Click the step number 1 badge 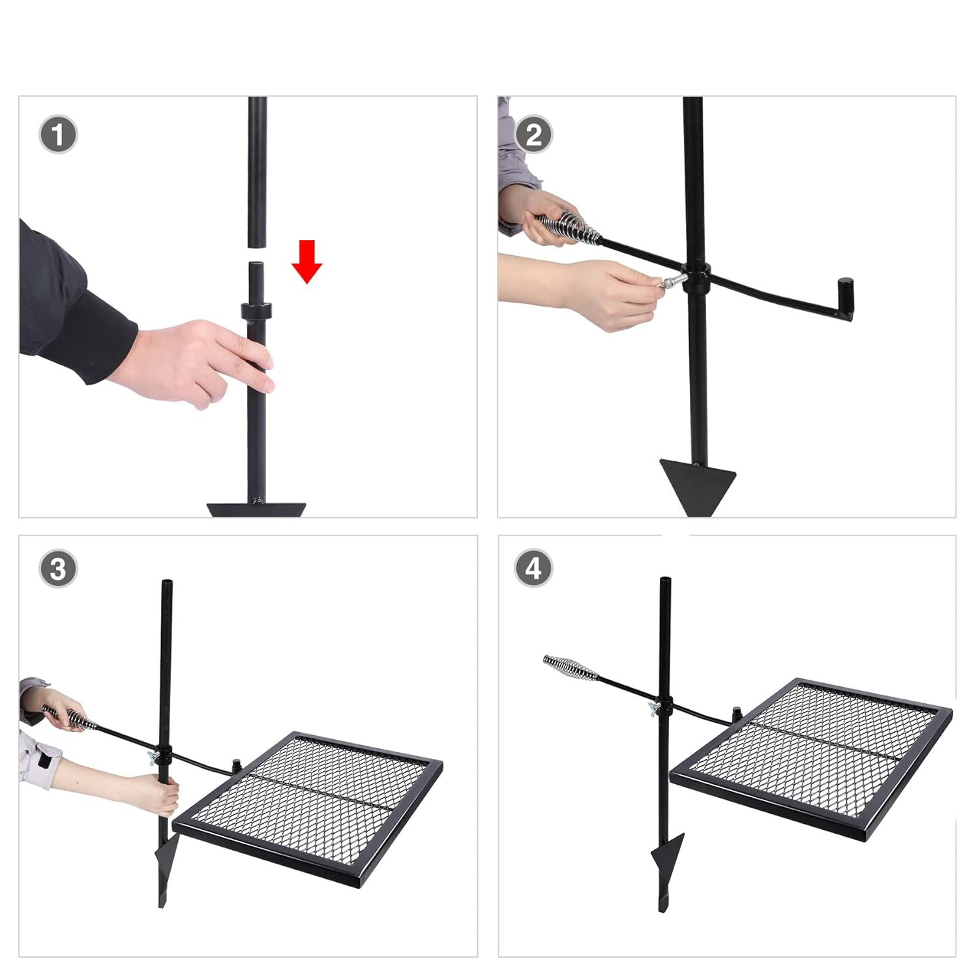coord(58,136)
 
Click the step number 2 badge coord(533,135)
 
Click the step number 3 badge coord(58,568)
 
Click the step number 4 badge coord(533,568)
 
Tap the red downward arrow coord(306,261)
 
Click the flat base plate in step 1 coord(256,510)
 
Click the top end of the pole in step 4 coord(665,579)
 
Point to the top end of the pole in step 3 coord(167,581)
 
